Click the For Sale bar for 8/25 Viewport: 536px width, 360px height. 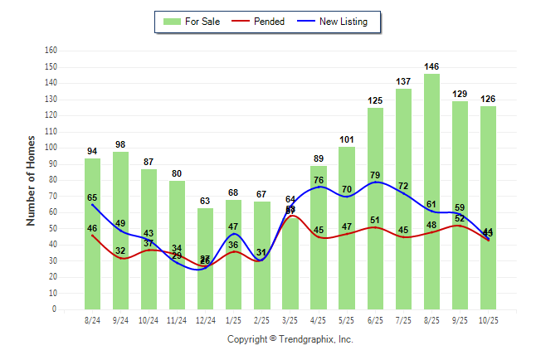431,191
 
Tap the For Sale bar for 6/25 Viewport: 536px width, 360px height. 375,207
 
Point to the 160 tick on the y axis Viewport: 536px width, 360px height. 51,51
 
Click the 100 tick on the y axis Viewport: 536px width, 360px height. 51,148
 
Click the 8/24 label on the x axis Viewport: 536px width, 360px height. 93,319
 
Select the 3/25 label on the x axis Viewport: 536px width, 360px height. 290,319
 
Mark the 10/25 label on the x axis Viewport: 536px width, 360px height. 488,319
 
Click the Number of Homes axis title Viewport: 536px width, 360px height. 32,180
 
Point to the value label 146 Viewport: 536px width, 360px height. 431,66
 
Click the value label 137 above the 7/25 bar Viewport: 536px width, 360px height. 403,81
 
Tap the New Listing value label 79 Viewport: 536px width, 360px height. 375,175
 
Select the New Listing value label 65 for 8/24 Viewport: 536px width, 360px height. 93,197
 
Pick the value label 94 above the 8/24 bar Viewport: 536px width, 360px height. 93,151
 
